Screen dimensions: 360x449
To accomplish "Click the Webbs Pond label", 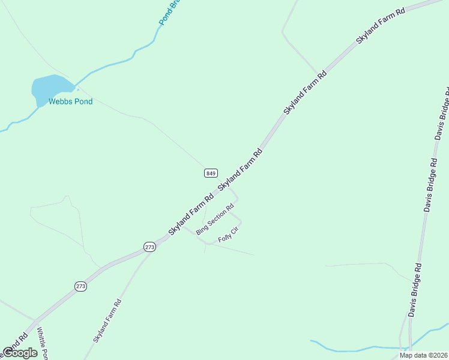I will [71, 101].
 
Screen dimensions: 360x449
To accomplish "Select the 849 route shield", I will [210, 173].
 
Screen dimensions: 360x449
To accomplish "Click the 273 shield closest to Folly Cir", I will [150, 247].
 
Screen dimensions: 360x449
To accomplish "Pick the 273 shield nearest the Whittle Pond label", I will [81, 287].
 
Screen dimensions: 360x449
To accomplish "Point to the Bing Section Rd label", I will [214, 220].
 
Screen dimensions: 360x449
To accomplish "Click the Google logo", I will [20, 353].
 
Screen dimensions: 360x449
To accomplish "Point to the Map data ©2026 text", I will [424, 355].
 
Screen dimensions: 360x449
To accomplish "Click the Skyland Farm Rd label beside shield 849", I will [241, 170].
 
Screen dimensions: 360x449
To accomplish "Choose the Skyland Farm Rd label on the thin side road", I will [107, 321].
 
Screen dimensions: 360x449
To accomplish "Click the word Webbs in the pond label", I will [60, 101].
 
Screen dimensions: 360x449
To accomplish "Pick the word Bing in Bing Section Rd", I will [201, 229].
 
